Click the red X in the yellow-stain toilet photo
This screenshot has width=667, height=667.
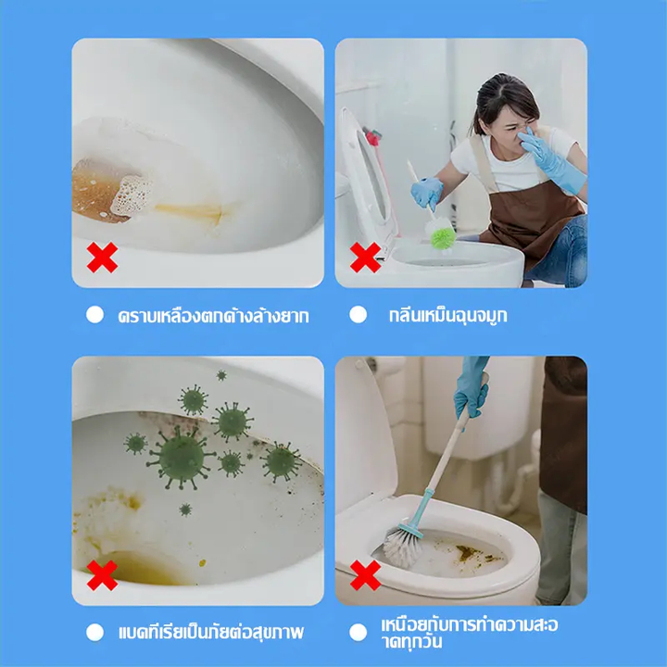click(x=102, y=258)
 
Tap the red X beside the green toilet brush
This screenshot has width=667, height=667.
click(x=365, y=258)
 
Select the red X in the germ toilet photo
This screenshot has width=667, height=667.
click(x=102, y=575)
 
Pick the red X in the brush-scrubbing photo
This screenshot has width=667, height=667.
click(x=365, y=575)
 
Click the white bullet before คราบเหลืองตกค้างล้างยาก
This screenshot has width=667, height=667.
click(x=94, y=315)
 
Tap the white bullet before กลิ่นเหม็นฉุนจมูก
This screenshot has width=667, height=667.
click(x=359, y=315)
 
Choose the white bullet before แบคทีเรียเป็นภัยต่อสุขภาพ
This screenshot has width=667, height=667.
click(x=94, y=633)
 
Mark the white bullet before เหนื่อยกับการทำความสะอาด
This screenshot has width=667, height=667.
click(x=359, y=633)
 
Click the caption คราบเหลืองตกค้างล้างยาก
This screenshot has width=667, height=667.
click(x=214, y=316)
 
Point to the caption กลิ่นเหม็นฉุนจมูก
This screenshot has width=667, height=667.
click(x=448, y=316)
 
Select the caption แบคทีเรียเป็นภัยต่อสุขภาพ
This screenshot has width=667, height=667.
click(x=211, y=632)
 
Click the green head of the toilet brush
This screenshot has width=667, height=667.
click(x=443, y=238)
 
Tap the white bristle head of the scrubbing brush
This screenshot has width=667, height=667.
click(x=402, y=547)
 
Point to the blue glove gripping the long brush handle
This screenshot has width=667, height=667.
click(x=471, y=387)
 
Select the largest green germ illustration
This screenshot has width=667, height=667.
click(x=181, y=458)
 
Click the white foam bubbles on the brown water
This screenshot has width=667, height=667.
click(x=131, y=195)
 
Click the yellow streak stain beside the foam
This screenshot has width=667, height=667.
click(x=189, y=211)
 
